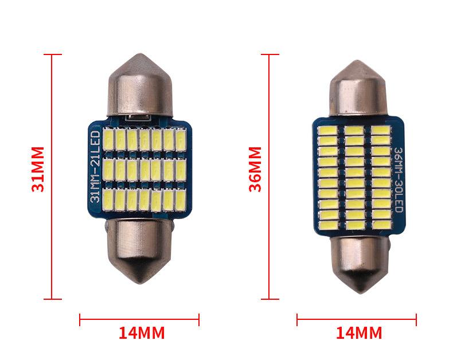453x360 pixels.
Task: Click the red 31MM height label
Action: [38, 169]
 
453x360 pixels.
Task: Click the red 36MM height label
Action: [255, 169]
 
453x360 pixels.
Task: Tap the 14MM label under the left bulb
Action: [142, 333]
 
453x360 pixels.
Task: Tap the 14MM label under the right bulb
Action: [359, 333]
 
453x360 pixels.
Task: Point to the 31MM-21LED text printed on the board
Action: [96, 166]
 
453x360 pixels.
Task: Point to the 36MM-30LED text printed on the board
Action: [399, 179]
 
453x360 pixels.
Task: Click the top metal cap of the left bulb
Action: [140, 85]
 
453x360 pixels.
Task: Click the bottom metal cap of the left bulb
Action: [139, 251]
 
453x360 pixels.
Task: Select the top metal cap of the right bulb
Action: [358, 88]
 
